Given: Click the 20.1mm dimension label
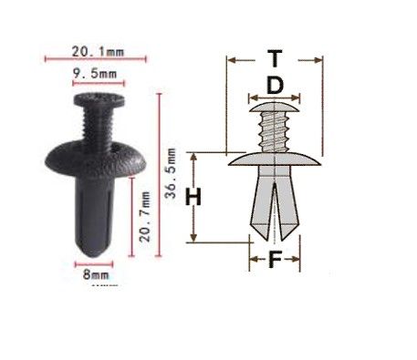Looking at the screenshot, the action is pyautogui.click(x=98, y=52).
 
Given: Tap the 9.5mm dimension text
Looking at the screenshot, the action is pyautogui.click(x=95, y=74).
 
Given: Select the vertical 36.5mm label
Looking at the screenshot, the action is pyautogui.click(x=171, y=173).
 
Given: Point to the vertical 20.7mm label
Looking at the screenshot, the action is pyautogui.click(x=145, y=216).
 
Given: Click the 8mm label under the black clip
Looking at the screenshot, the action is pyautogui.click(x=96, y=275).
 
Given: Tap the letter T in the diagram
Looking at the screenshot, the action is pyautogui.click(x=275, y=58).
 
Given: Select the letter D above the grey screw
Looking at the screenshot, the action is pyautogui.click(x=275, y=86).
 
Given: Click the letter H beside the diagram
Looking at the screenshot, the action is pyautogui.click(x=193, y=197).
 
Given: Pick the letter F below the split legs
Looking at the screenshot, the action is pyautogui.click(x=275, y=260).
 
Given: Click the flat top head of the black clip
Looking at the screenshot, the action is pyautogui.click(x=99, y=100).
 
